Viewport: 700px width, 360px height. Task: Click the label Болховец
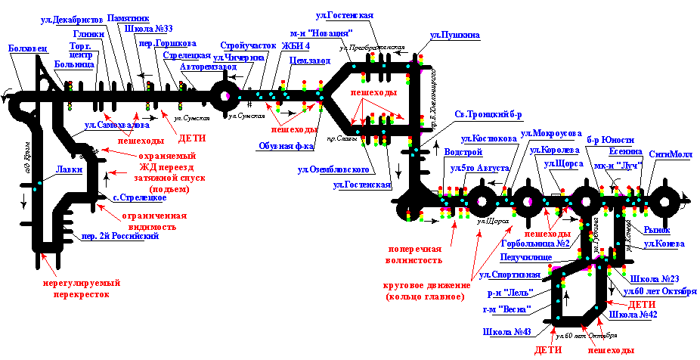pyautogui.click(x=28, y=49)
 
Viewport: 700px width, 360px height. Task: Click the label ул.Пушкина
pyautogui.click(x=454, y=36)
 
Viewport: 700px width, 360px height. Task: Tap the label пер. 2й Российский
pyautogui.click(x=120, y=237)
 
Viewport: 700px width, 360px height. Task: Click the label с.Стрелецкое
pyautogui.click(x=139, y=198)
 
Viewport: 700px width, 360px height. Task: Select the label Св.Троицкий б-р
pyautogui.click(x=488, y=115)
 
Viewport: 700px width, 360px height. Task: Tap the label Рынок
pyautogui.click(x=657, y=230)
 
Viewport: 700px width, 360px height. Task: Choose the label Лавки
pyautogui.click(x=69, y=170)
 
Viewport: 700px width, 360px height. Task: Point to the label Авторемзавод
pyautogui.click(x=203, y=67)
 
